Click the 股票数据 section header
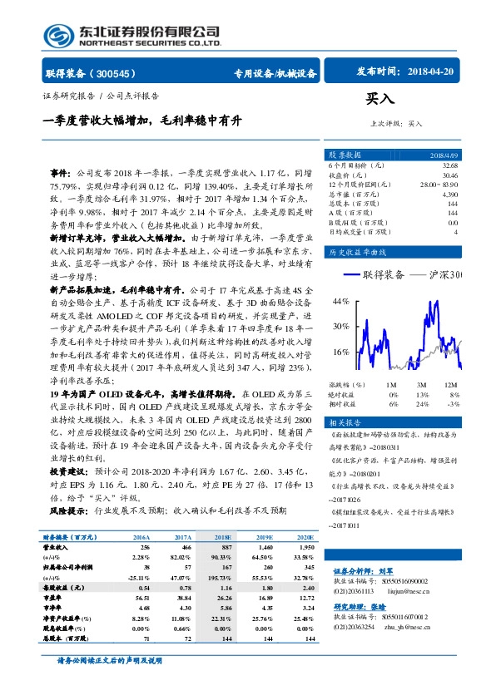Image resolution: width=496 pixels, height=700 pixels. tap(345, 155)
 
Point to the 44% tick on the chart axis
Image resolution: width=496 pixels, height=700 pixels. tap(339, 301)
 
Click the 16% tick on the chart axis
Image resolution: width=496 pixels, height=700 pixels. tap(339, 352)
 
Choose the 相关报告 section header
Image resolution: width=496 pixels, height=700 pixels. tap(345, 421)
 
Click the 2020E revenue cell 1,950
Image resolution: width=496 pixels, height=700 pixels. tap(307, 548)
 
